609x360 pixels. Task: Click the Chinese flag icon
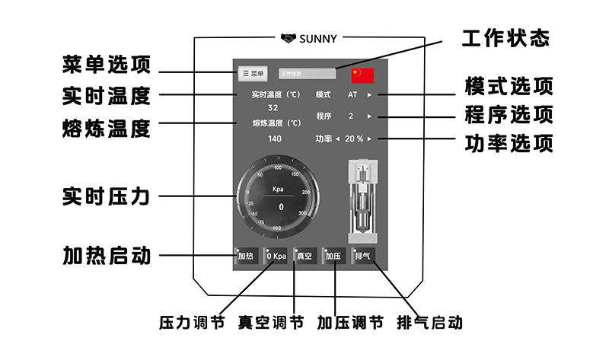362,75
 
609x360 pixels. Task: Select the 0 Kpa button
276,256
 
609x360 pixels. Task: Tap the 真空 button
304,256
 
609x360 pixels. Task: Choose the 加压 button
333,256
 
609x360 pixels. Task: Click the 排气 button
363,256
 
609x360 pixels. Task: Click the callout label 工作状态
506,37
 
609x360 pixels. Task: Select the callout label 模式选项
508,86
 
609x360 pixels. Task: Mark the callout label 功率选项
508,143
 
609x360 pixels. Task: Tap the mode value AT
352,95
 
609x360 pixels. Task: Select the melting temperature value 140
275,139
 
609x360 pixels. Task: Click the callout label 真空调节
271,322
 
